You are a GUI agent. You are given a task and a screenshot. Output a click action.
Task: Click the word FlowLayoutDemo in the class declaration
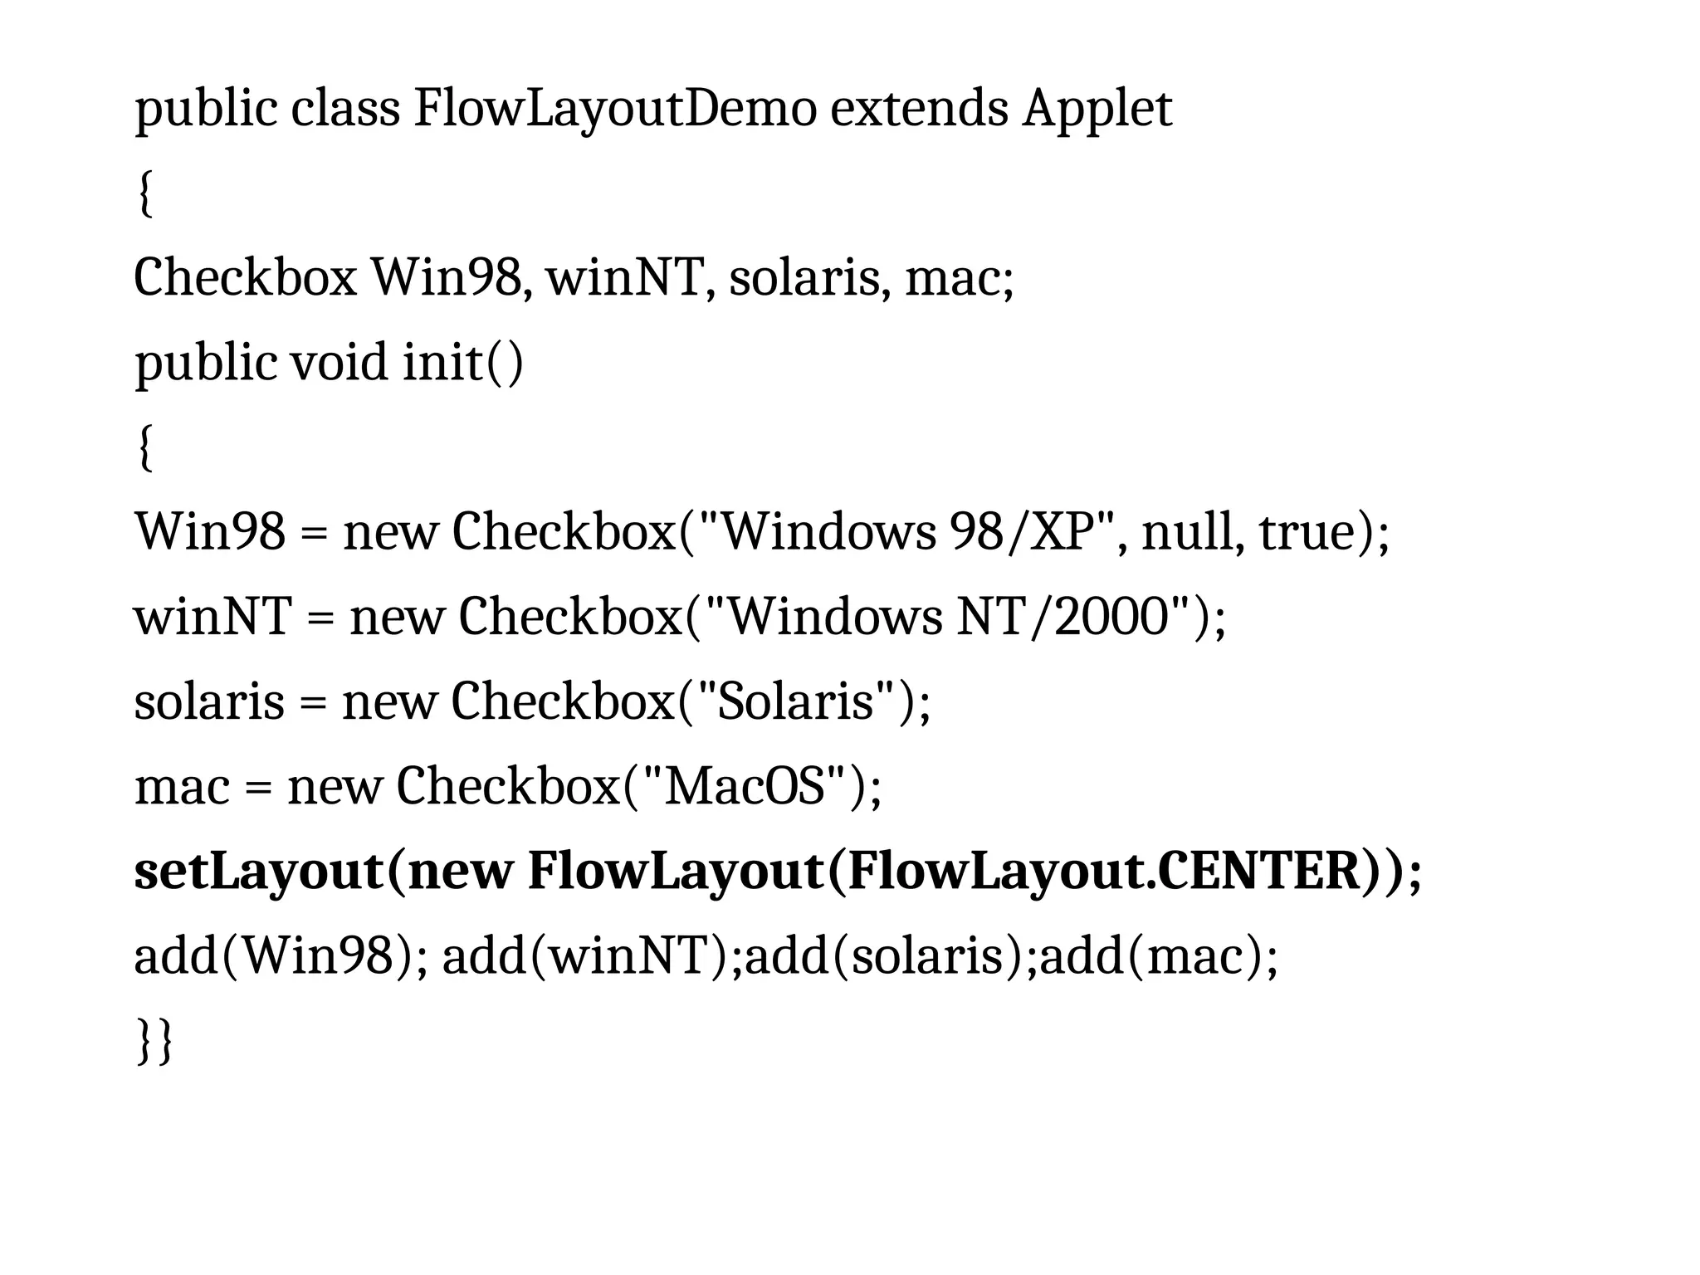(x=615, y=109)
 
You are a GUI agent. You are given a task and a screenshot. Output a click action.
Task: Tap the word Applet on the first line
(x=1097, y=109)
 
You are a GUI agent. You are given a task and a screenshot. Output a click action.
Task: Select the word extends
(x=919, y=109)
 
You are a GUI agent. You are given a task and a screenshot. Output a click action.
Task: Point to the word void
(x=339, y=363)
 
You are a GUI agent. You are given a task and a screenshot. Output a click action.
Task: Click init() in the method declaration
(x=463, y=363)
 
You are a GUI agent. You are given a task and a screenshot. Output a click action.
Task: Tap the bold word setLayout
(x=257, y=871)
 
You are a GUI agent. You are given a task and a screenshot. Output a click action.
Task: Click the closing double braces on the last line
(x=154, y=1041)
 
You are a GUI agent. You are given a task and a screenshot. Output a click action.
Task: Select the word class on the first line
(x=344, y=109)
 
